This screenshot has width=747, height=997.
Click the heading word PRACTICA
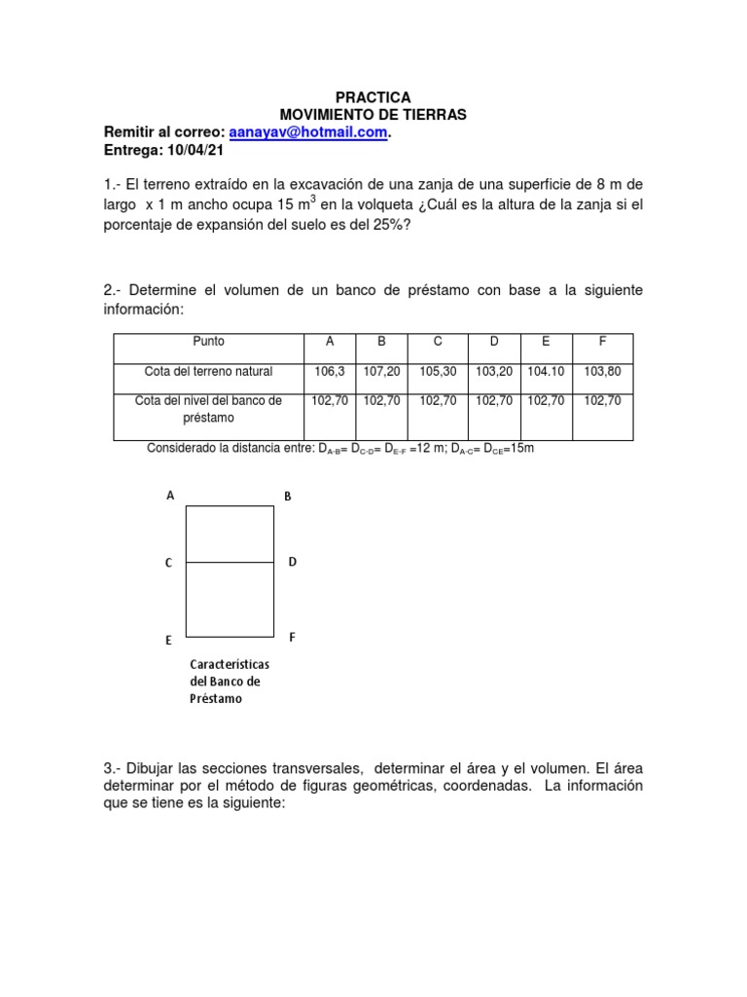coord(373,97)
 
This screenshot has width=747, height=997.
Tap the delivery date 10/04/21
coord(189,150)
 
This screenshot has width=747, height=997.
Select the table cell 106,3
coord(330,371)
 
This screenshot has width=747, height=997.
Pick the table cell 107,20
coord(381,371)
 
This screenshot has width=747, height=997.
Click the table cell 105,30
coord(438,371)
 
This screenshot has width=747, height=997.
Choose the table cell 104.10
coord(546,371)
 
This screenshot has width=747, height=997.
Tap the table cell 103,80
coord(602,371)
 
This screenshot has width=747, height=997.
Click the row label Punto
coord(208,341)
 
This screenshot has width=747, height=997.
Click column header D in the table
coord(494,341)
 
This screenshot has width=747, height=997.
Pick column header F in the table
coord(602,341)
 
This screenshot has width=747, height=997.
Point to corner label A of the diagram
coord(170,496)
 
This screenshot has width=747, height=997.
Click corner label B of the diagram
coord(288,497)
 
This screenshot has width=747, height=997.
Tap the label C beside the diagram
coord(169,563)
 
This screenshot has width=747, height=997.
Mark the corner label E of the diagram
coord(169,641)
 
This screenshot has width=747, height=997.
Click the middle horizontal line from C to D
coord(230,562)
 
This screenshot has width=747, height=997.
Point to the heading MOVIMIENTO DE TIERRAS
coord(373,115)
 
